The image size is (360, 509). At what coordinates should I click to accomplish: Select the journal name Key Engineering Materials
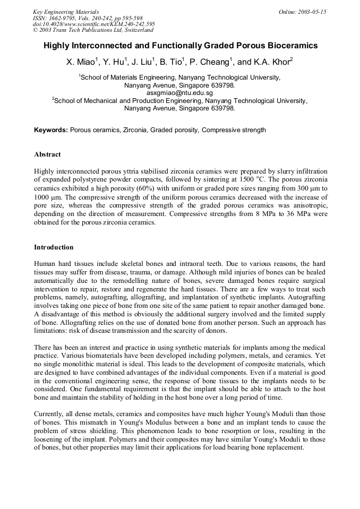[x=65, y=12]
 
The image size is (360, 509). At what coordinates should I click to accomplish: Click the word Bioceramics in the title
[x=290, y=46]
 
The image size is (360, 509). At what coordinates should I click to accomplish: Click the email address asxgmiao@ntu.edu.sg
[x=179, y=93]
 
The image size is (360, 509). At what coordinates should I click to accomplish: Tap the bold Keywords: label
[x=51, y=130]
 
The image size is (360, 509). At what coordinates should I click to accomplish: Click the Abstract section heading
[x=47, y=154]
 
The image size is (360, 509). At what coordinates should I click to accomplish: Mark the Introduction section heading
[x=54, y=247]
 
